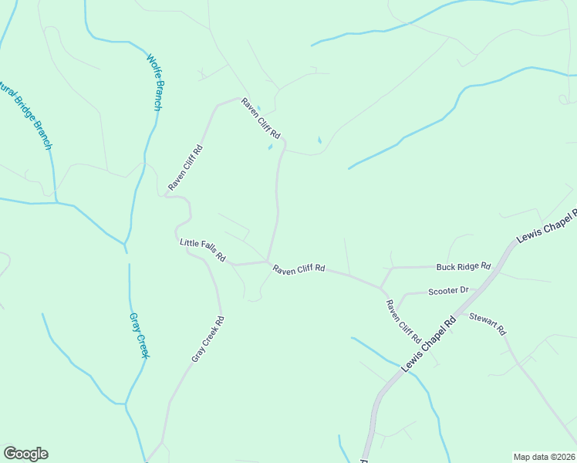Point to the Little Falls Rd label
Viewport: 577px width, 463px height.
(x=202, y=249)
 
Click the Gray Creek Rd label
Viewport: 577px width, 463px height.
(x=207, y=340)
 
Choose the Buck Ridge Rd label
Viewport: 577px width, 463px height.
(x=463, y=266)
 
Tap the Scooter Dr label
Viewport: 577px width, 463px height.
(x=448, y=290)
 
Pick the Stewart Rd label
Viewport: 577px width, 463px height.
(x=488, y=323)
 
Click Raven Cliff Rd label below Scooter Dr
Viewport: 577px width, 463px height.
(x=403, y=321)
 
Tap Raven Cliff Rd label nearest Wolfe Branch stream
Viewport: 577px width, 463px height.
(x=186, y=167)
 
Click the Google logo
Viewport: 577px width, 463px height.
(x=25, y=454)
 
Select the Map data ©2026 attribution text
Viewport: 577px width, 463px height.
(x=544, y=457)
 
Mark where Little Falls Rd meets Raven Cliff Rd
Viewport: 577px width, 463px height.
(x=268, y=262)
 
